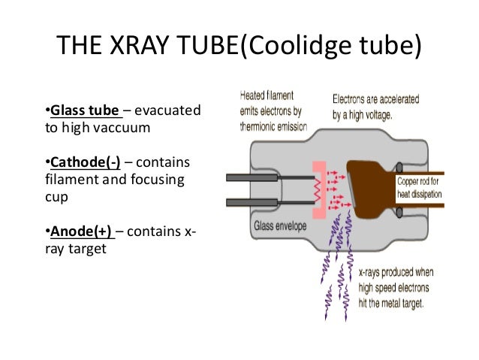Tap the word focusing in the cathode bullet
click(x=161, y=181)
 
